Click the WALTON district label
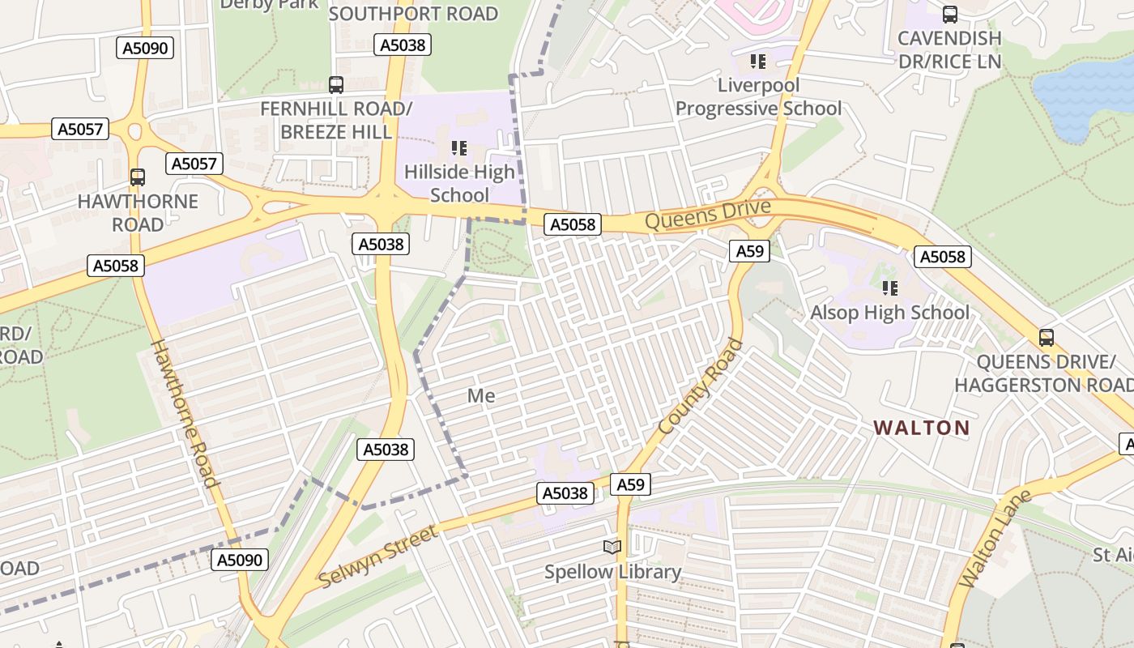coord(921,428)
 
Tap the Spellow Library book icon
coord(612,548)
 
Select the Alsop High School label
coord(889,313)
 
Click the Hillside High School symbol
coord(459,148)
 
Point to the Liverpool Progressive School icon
coord(758,62)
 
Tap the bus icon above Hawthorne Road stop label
coord(138,177)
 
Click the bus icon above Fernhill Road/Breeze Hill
coord(335,84)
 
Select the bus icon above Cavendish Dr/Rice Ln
coord(949,15)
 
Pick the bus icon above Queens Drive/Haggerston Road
coord(1046,337)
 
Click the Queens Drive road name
coord(707,214)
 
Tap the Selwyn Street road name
coord(377,556)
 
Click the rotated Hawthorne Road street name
coord(185,413)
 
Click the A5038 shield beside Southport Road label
coord(403,45)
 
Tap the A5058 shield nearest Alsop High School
coord(943,257)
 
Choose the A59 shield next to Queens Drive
coord(749,251)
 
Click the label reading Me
coord(481,396)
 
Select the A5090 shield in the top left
coord(146,49)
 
